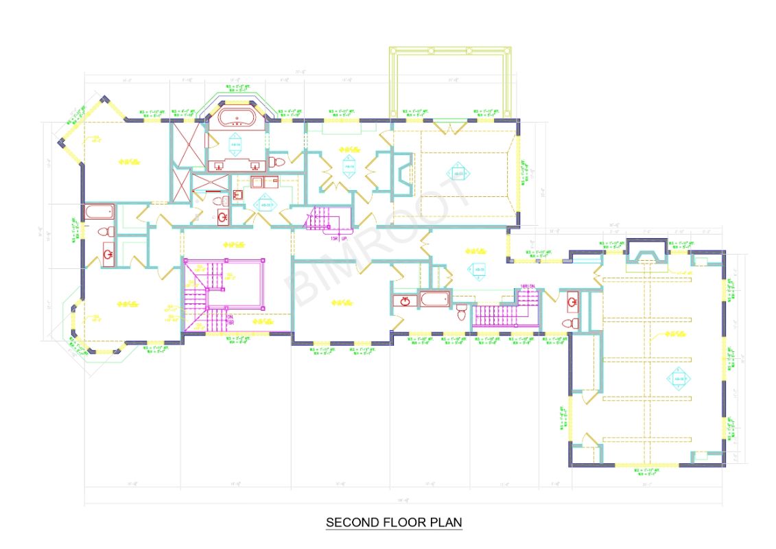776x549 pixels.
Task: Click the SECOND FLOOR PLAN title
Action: click(x=394, y=522)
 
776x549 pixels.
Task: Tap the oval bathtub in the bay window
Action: click(x=237, y=119)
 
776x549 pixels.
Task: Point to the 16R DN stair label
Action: click(x=527, y=285)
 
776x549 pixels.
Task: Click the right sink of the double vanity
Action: click(x=255, y=165)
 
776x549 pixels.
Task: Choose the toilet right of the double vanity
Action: click(x=277, y=162)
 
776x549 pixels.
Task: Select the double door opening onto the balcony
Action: click(x=451, y=128)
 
